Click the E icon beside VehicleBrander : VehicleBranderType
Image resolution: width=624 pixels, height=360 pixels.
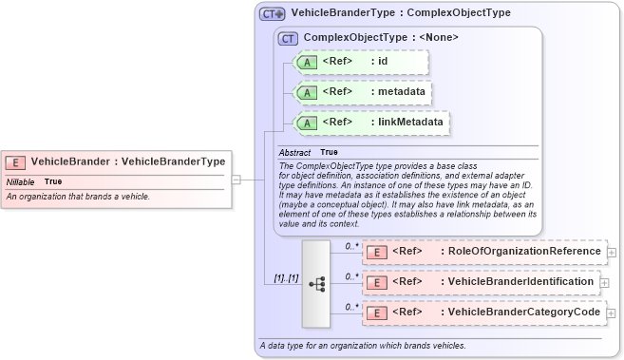pyautogui.click(x=16, y=161)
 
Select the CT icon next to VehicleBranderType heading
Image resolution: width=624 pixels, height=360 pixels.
pyautogui.click(x=273, y=13)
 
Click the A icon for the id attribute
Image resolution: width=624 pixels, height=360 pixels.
pyautogui.click(x=308, y=62)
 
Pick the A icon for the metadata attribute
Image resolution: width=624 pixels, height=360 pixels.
pyautogui.click(x=308, y=92)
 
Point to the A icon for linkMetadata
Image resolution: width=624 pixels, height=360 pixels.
pyautogui.click(x=308, y=123)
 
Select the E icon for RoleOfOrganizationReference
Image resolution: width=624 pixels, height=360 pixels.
pyautogui.click(x=377, y=252)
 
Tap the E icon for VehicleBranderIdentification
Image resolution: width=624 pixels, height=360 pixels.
pyautogui.click(x=377, y=282)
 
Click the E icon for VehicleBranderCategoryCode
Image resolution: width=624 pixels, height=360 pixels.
pyautogui.click(x=377, y=312)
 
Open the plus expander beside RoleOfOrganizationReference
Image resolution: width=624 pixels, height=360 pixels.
pyautogui.click(x=611, y=253)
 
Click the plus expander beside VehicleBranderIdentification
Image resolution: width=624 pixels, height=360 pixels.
pyautogui.click(x=604, y=283)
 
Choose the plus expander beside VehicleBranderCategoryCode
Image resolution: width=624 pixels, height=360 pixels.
pyautogui.click(x=611, y=313)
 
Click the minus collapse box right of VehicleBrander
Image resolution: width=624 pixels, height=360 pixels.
pyautogui.click(x=236, y=178)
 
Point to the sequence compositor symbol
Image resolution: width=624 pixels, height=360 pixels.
pyautogui.click(x=316, y=282)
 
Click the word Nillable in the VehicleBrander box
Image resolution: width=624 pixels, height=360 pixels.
pyautogui.click(x=21, y=181)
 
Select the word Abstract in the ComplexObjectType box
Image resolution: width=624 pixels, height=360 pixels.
pyautogui.click(x=294, y=152)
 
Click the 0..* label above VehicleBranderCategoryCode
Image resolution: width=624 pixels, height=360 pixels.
pyautogui.click(x=350, y=306)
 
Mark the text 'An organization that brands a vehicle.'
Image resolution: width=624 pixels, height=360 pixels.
pyautogui.click(x=78, y=197)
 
